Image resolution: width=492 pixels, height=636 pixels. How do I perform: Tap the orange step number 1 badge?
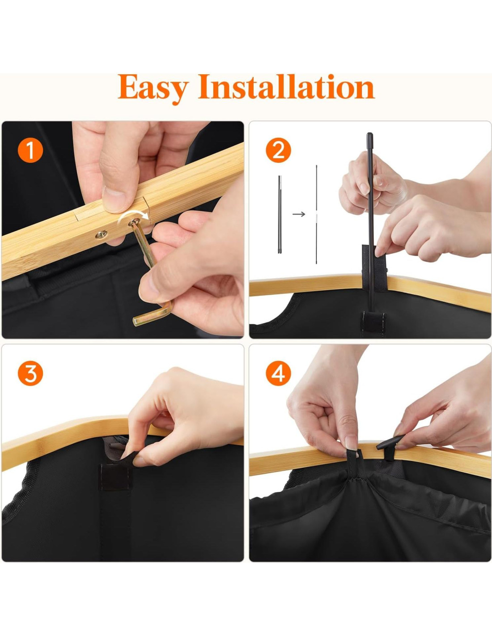30,150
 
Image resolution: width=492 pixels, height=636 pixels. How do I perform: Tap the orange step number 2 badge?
278,150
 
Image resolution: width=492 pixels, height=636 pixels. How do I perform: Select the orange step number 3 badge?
30,373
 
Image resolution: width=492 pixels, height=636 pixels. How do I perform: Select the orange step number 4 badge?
278,373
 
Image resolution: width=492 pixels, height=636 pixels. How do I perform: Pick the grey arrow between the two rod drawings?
298,214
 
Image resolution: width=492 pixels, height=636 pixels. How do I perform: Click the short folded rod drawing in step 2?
280,214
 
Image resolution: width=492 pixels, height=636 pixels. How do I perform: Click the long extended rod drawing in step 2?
316,215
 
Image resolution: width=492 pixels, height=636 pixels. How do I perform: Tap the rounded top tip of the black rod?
369,135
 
